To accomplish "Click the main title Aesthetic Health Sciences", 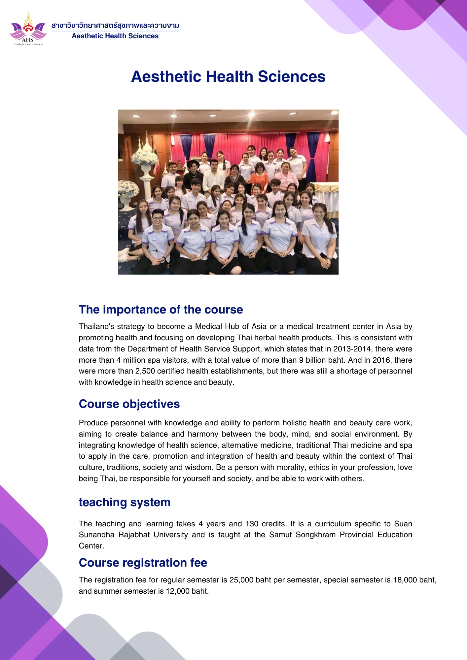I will coord(228,77).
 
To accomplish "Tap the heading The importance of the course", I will coord(161,310).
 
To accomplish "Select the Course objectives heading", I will coord(129,404).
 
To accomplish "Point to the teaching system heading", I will coord(125,502).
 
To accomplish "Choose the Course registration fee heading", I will coord(143,563).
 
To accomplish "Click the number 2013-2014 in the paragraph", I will coord(352,349).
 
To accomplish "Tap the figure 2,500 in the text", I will coord(145,371).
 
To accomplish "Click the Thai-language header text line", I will coord(115,26).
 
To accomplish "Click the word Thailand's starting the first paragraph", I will coord(95,326).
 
